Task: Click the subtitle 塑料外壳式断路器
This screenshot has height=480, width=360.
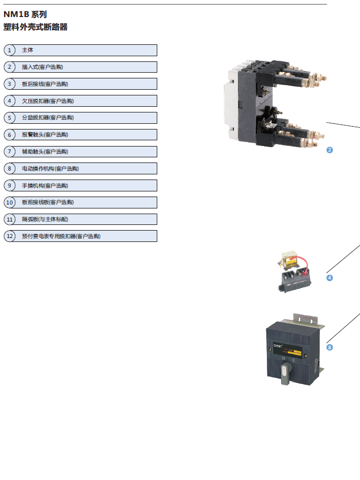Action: pos(35,27)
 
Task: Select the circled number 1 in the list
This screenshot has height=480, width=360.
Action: pos(10,50)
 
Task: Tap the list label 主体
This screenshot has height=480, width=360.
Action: pos(27,50)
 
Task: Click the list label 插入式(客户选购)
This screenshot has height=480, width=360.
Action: pos(42,67)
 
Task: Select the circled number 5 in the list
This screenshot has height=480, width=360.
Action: pos(10,118)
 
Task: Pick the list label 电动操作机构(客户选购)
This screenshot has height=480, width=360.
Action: pos(50,169)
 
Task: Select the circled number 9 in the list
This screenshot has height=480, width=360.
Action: pos(10,185)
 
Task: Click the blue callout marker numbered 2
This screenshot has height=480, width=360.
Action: pos(329,150)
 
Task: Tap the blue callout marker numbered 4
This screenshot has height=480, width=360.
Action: pos(329,278)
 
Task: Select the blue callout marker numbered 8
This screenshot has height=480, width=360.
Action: pos(329,347)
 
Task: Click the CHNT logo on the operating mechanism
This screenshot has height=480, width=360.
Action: pos(279,344)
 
